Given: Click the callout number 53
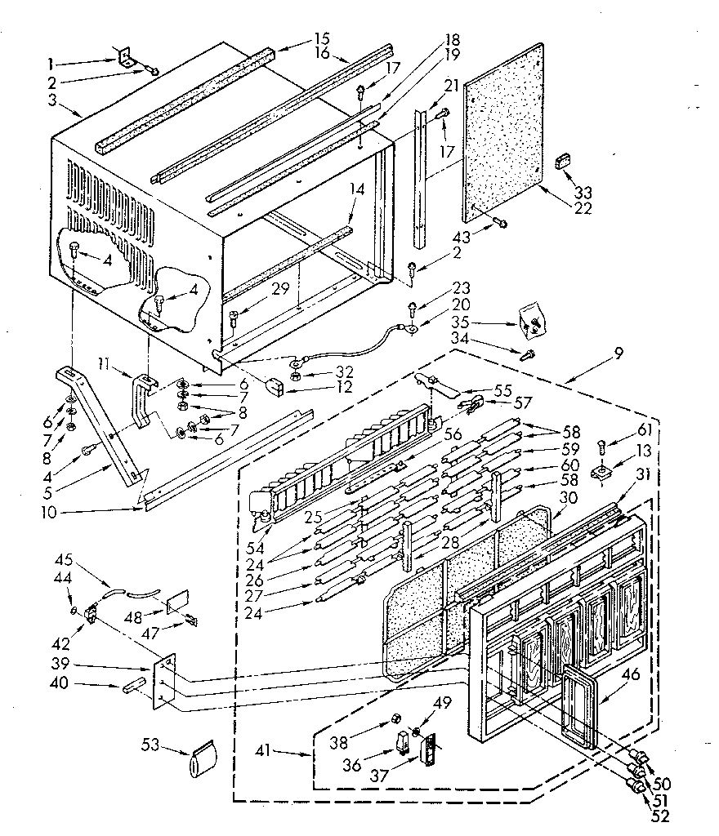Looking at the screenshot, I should pos(150,746).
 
